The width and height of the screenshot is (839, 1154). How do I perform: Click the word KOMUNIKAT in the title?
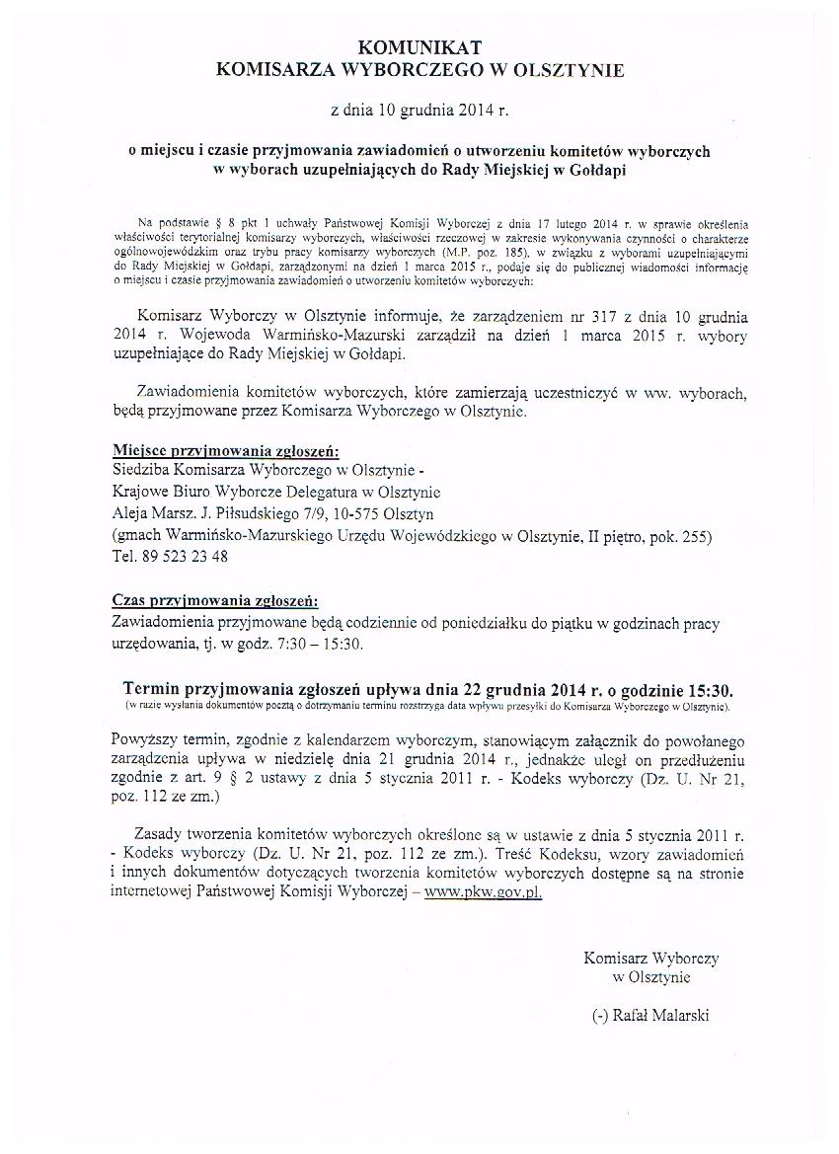pyautogui.click(x=419, y=46)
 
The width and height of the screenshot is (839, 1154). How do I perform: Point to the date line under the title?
pyautogui.click(x=419, y=110)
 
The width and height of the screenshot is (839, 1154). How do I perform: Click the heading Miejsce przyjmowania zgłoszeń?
pyautogui.click(x=225, y=451)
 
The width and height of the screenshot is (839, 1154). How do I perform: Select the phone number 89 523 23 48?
pyautogui.click(x=185, y=557)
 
